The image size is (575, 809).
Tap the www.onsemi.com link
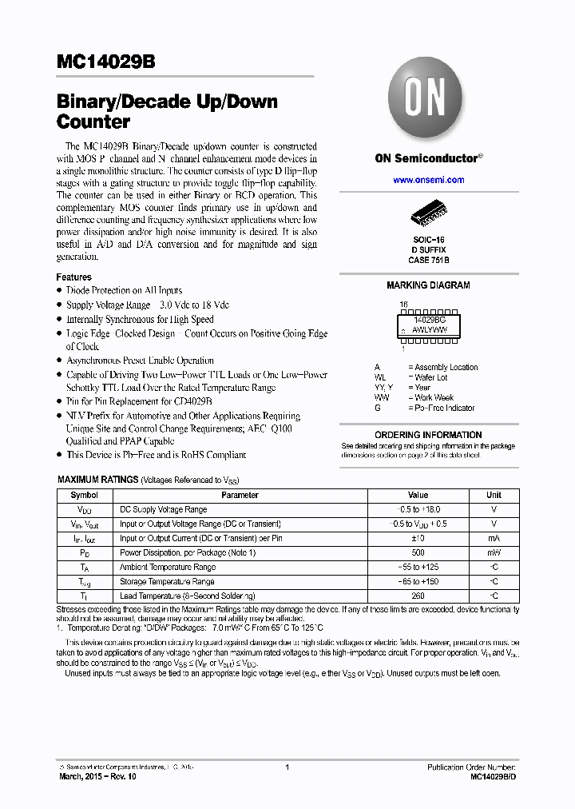(x=428, y=180)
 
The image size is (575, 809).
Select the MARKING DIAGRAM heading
(x=428, y=285)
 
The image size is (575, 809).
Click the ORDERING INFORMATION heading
(x=428, y=435)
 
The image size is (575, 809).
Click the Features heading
(x=74, y=277)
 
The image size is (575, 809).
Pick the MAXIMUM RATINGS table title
(x=97, y=480)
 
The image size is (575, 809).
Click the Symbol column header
(x=85, y=495)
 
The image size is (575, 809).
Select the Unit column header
(x=494, y=495)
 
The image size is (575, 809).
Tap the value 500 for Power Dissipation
(x=418, y=552)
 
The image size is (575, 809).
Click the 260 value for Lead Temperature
(x=418, y=596)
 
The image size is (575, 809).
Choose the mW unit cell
(x=494, y=552)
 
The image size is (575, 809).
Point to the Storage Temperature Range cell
(x=167, y=581)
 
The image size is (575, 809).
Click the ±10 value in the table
(x=418, y=538)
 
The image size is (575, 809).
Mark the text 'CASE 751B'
(x=428, y=260)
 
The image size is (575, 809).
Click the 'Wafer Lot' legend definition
(x=430, y=377)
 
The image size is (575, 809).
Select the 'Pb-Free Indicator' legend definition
(x=444, y=408)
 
